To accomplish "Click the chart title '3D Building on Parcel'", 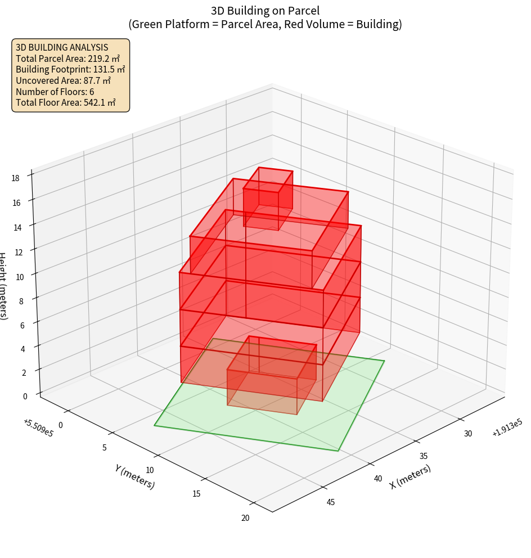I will (x=265, y=10).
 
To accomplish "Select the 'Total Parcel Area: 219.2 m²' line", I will (x=67, y=58).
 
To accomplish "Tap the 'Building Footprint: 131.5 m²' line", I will (x=70, y=69).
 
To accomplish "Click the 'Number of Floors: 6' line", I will (x=55, y=92).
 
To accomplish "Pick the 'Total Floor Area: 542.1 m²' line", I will (x=66, y=103).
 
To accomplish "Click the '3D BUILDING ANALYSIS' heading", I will (x=62, y=47).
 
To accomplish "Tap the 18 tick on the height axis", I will (x=15, y=178).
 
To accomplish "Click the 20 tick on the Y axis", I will (x=245, y=517).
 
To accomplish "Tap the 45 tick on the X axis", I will (x=331, y=502).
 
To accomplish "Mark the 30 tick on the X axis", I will (x=467, y=433).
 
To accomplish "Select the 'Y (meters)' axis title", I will (x=134, y=476).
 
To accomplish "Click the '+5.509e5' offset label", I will (x=38, y=428).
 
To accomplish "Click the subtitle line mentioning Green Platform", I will (x=265, y=24).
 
